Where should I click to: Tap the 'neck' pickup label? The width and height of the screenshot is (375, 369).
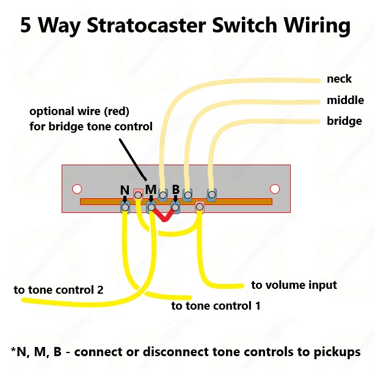point(339,79)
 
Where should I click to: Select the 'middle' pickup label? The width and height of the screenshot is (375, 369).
point(345,100)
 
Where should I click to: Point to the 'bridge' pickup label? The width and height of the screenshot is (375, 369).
point(344,121)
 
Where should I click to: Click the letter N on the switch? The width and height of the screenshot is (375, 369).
point(124,190)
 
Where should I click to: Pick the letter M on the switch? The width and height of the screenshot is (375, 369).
point(150,188)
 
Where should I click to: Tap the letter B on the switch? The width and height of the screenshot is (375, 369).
point(175,189)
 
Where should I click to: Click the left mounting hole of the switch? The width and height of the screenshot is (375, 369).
point(77,188)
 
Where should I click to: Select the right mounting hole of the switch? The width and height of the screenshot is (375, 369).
point(275,188)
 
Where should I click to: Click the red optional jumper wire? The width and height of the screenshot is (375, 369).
point(163,214)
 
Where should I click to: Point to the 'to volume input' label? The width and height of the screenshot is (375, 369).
point(294,285)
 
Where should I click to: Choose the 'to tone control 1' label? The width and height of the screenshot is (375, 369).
point(216,305)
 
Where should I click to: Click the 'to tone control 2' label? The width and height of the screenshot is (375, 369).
point(59,289)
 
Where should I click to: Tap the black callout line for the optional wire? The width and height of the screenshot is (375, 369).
point(129,158)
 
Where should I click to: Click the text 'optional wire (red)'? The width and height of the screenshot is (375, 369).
point(79,112)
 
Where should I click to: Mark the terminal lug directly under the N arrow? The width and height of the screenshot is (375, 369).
point(125,208)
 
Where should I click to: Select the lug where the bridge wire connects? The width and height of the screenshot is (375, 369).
point(211,196)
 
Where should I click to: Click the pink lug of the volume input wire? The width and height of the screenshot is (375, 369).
point(199,208)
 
